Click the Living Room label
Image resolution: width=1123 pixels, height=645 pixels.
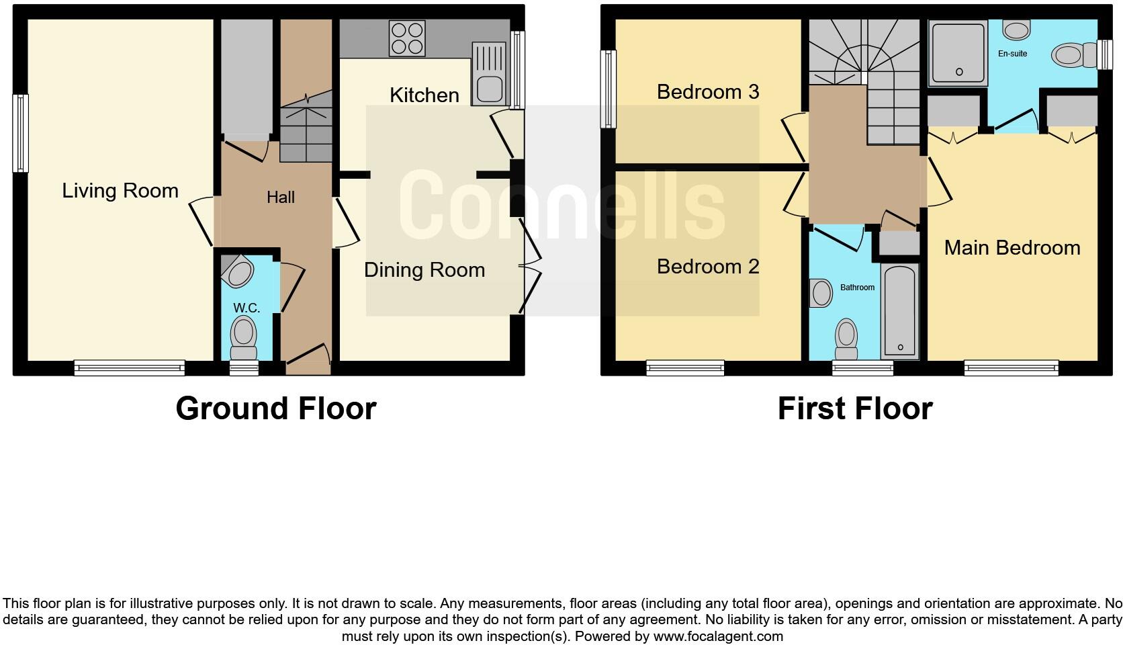pyautogui.click(x=120, y=191)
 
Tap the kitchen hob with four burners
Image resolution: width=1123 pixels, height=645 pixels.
pyautogui.click(x=408, y=38)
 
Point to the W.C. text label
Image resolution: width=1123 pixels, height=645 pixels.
pyautogui.click(x=246, y=308)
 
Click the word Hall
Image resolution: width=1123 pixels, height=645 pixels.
pyautogui.click(x=281, y=197)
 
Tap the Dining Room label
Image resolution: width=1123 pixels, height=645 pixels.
pyautogui.click(x=424, y=270)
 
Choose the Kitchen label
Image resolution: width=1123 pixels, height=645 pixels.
pyautogui.click(x=424, y=95)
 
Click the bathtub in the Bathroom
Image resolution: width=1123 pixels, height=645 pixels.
pyautogui.click(x=899, y=310)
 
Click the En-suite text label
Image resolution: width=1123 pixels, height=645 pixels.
pyautogui.click(x=1012, y=54)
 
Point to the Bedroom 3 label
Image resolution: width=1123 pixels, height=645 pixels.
pyautogui.click(x=708, y=91)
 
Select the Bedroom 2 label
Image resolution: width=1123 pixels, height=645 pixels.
pyautogui.click(x=708, y=267)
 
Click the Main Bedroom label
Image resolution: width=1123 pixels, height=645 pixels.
pyautogui.click(x=1012, y=248)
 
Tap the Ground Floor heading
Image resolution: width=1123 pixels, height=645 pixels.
pyautogui.click(x=276, y=408)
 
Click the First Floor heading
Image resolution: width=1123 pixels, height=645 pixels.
pyautogui.click(x=855, y=408)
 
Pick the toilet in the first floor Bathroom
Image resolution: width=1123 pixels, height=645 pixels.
pyautogui.click(x=846, y=339)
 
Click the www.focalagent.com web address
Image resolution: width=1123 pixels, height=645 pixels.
pyautogui.click(x=717, y=636)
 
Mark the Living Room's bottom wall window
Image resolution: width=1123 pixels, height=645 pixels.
pyautogui.click(x=130, y=368)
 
